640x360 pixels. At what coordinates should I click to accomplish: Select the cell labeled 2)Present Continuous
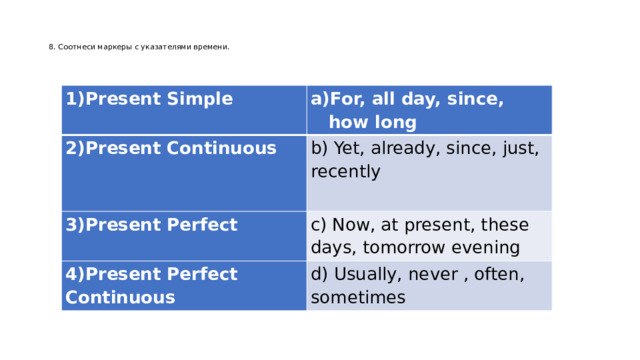[x=170, y=149]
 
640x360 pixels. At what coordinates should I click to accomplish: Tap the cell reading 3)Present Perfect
[x=151, y=225]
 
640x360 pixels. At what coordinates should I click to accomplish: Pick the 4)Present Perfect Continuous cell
[x=151, y=285]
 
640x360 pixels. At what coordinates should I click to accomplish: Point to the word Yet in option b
[x=348, y=149]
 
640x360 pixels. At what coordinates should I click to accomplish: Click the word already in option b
[x=407, y=149]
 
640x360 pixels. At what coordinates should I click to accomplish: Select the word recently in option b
[x=346, y=172]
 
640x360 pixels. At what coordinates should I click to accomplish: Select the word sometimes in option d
[x=358, y=298]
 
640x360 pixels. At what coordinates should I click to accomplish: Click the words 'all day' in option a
[x=402, y=100]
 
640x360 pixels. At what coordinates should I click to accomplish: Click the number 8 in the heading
[x=51, y=47]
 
